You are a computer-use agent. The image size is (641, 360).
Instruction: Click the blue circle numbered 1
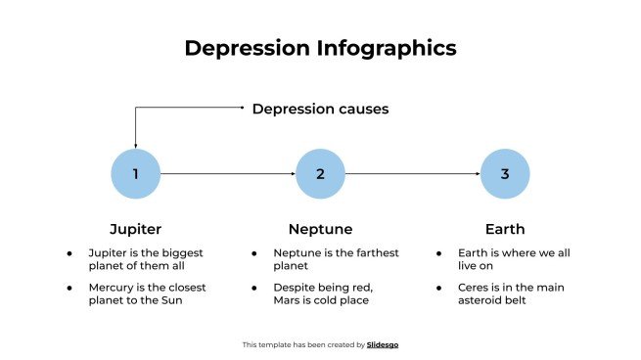tap(135, 174)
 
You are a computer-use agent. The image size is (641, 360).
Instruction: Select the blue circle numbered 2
tap(320, 174)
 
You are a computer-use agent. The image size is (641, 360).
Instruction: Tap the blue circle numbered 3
tap(505, 174)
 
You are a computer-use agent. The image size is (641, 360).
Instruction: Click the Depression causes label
tap(320, 109)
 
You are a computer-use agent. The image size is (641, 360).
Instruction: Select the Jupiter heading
tap(135, 229)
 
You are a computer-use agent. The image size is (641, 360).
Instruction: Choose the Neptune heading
tap(320, 229)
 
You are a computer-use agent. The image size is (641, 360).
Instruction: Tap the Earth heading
tap(505, 229)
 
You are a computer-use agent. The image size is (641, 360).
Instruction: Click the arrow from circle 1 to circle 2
tap(227, 174)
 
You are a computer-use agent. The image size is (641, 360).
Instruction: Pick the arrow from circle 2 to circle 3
tap(412, 174)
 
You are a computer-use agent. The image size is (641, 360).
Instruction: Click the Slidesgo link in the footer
tap(383, 344)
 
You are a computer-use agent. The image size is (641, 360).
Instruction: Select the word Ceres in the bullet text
tap(476, 287)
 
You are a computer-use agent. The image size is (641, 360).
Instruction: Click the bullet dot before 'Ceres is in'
tap(439, 288)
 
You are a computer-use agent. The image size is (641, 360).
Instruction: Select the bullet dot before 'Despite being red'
tap(254, 288)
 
